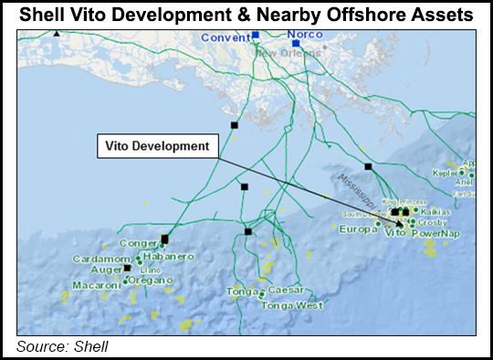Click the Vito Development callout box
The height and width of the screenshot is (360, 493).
pyautogui.click(x=155, y=145)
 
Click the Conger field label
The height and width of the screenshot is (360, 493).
pyautogui.click(x=139, y=243)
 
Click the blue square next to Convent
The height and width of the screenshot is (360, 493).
pyautogui.click(x=256, y=35)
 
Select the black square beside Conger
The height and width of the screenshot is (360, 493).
pyautogui.click(x=164, y=239)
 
